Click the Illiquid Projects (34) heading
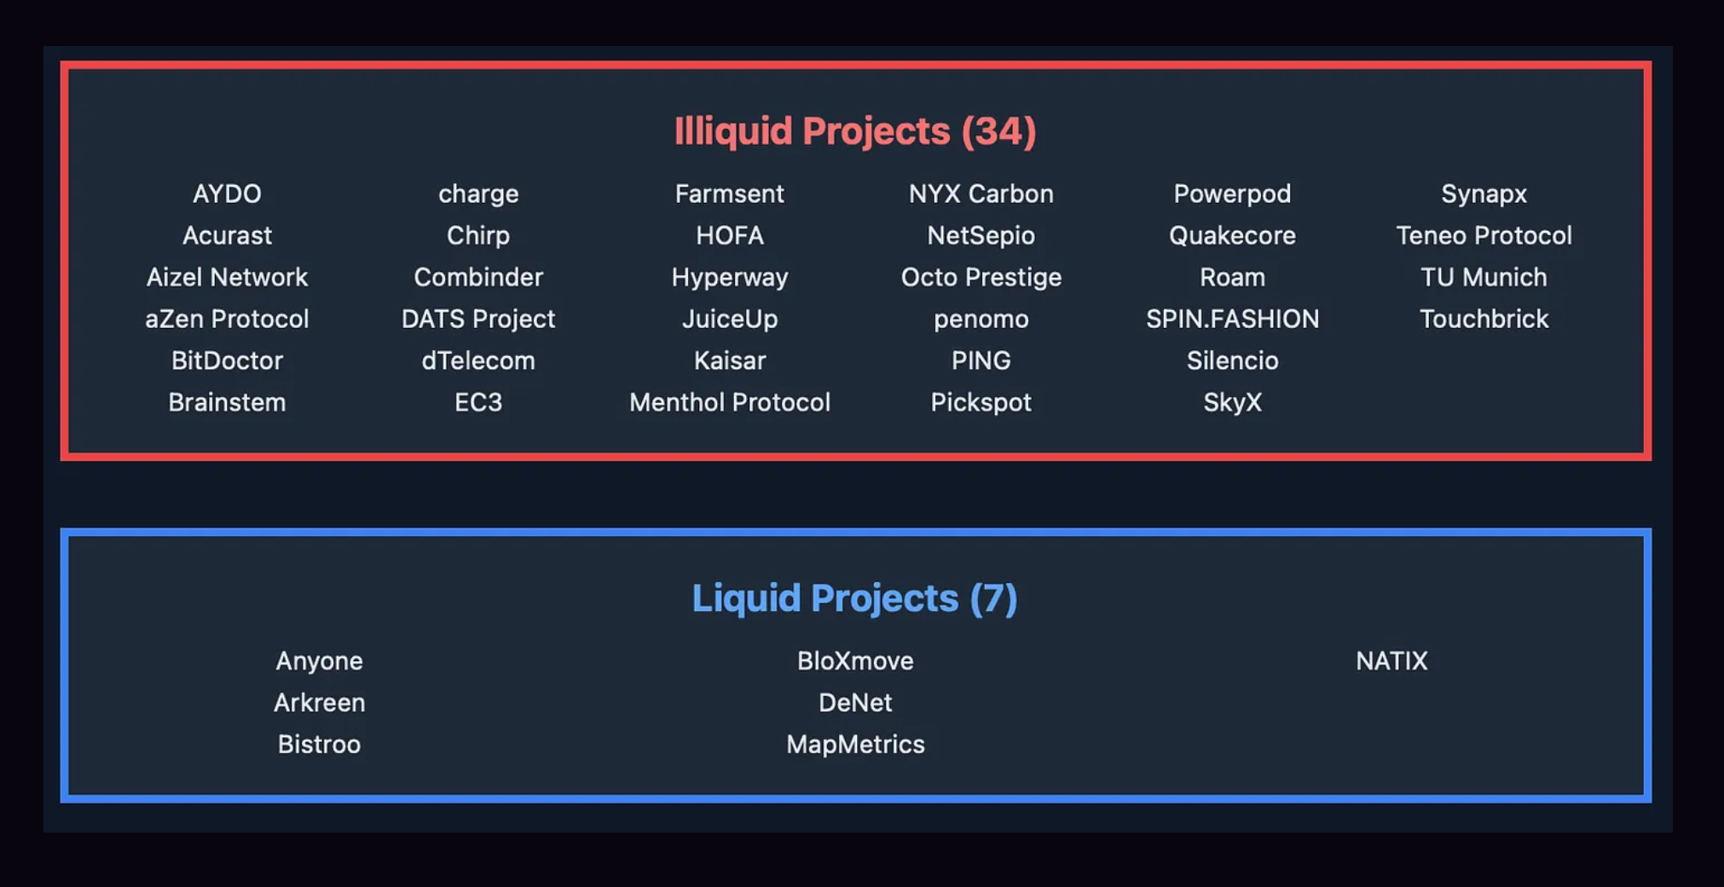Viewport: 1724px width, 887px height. point(855,132)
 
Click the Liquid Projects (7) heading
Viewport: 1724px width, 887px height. point(854,598)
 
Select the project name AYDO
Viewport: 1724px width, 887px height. point(227,194)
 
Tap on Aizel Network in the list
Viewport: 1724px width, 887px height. point(227,278)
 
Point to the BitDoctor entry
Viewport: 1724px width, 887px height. point(227,361)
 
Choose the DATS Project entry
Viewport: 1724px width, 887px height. point(478,320)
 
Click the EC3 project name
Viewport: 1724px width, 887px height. point(478,403)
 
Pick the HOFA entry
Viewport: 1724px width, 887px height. point(730,236)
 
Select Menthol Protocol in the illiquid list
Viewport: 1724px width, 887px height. point(730,403)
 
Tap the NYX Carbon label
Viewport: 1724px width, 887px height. point(981,194)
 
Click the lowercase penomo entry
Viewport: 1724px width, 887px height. point(981,320)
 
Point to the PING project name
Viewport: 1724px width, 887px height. point(981,361)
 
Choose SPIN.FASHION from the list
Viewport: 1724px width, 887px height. point(1233,320)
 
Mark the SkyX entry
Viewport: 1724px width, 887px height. point(1233,403)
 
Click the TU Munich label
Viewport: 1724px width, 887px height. point(1484,278)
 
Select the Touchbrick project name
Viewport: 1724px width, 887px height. point(1484,320)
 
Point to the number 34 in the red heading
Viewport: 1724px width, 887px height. point(998,132)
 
